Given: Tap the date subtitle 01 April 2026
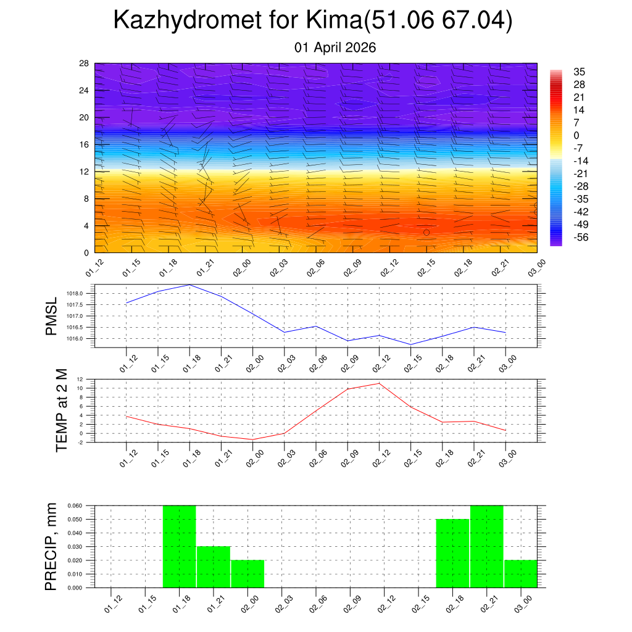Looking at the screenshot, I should coord(335,48).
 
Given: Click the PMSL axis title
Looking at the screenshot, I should coord(51,316).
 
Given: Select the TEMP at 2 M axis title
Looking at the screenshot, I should coord(62,410).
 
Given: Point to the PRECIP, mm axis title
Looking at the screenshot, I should coord(51,546).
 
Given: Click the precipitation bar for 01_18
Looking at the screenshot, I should coord(180,547).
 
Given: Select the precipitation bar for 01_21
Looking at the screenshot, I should coord(214,567).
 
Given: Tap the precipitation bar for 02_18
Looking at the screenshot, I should coord(452,554).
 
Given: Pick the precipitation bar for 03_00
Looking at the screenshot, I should coord(520,574).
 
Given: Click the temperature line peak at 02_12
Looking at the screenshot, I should coord(379,383).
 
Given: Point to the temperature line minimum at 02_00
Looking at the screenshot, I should coord(252,439).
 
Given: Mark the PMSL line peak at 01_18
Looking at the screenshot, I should coord(189,285).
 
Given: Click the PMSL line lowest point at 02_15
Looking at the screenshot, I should coord(411,344).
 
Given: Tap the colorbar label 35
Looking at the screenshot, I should coord(580,72).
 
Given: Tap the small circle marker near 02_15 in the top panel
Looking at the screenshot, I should coord(426,232).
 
